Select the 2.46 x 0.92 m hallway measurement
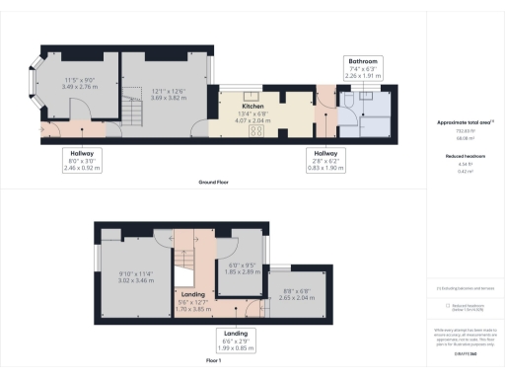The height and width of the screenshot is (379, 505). tap(82, 169)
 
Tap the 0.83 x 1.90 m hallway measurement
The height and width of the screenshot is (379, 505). tap(326, 168)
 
